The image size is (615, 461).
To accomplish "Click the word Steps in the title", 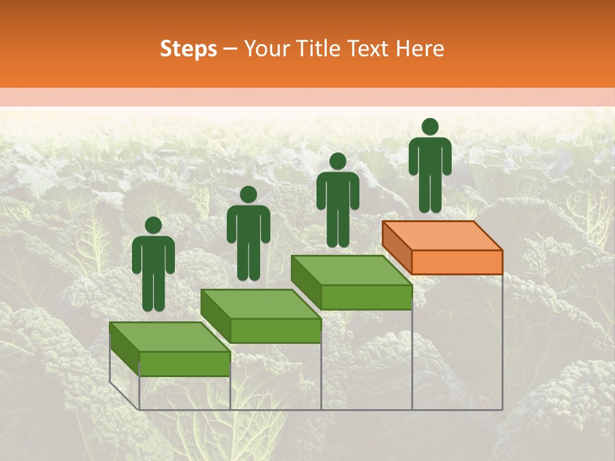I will tap(188, 49).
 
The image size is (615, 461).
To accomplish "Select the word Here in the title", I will tap(420, 49).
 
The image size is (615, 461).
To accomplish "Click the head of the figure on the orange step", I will tap(430, 127).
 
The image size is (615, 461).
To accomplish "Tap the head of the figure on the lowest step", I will tap(153, 225).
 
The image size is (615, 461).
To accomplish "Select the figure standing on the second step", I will tap(248, 234).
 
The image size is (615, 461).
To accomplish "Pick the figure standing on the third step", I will tap(338, 200).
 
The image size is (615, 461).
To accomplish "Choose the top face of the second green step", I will tap(260, 304).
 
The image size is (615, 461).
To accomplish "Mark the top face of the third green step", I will tap(351, 270).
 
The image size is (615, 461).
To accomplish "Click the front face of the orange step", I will tap(457, 263).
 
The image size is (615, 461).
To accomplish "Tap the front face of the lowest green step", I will tap(184, 364).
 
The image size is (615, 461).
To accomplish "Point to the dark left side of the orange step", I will tap(397, 247).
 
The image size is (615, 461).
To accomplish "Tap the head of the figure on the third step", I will tap(338, 161).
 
